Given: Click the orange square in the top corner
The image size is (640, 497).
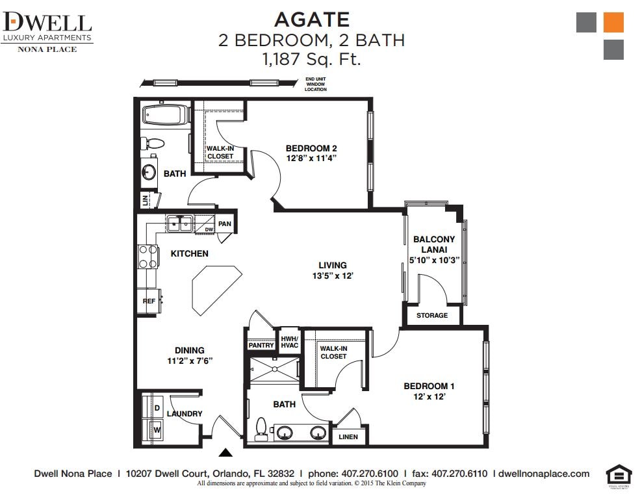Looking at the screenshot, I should (x=613, y=22).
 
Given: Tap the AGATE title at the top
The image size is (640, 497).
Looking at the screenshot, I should (x=312, y=20).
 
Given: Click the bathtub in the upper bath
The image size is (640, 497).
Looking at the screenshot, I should (x=164, y=116).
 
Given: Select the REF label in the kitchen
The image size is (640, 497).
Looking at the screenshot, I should (x=149, y=301).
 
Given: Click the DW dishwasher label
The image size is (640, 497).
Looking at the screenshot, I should (x=209, y=229).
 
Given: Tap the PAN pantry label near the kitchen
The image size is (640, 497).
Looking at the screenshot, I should (x=224, y=224).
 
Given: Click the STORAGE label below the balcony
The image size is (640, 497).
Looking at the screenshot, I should (x=432, y=315).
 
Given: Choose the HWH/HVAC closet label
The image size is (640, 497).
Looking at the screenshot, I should (x=289, y=342).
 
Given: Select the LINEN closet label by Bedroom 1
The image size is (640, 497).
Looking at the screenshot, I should (x=348, y=437).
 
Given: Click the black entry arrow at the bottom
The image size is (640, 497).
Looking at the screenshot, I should (x=225, y=453).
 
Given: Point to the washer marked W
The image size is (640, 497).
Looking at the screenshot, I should (x=157, y=428).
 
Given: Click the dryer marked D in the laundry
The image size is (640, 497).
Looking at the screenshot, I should (x=157, y=407).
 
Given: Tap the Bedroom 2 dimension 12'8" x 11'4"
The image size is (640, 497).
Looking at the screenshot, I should (x=311, y=158).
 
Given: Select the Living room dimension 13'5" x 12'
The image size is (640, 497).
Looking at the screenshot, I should (x=332, y=275).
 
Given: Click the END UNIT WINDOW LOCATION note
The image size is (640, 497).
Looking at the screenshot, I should (x=316, y=84).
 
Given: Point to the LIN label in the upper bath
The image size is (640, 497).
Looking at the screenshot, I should (x=145, y=200).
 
